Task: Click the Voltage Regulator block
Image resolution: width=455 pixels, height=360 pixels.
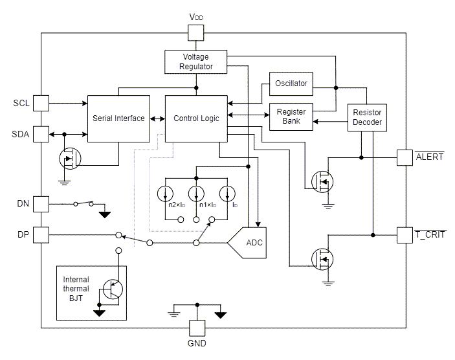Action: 195,62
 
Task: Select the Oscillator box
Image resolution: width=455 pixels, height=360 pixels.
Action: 291,84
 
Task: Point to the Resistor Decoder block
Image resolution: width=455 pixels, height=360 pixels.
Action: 367,118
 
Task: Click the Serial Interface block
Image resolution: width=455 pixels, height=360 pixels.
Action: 118,118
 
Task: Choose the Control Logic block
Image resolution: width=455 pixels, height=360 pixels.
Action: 196,118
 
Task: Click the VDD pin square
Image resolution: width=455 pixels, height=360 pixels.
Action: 195,32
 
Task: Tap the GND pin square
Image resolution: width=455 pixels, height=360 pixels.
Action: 196,328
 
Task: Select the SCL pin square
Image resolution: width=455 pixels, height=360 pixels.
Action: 41,103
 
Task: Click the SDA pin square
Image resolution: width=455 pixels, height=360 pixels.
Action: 41,133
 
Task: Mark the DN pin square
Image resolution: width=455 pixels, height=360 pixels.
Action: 41,203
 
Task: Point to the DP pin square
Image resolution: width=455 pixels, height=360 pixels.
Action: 41,234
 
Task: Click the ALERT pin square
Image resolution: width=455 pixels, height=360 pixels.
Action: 405,157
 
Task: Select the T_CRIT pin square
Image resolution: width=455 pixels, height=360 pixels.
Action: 405,234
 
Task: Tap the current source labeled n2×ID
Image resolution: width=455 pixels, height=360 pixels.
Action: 166,194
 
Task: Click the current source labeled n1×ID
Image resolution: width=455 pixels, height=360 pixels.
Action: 196,194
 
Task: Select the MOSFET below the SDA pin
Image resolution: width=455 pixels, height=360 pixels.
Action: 69,158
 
